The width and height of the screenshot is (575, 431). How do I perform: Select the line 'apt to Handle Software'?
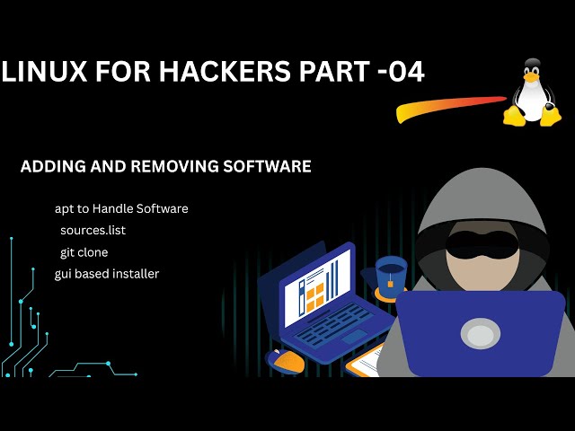click(121, 208)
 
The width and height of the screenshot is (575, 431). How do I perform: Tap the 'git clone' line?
click(84, 252)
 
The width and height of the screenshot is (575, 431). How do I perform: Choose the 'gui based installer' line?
click(107, 273)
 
